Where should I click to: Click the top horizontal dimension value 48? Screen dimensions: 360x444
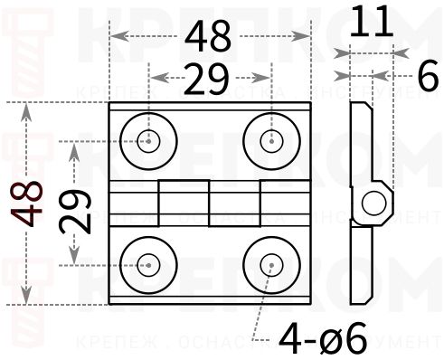[x=209, y=37]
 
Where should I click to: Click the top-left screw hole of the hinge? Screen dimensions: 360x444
[x=148, y=141]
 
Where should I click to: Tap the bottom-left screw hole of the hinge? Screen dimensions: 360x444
[x=148, y=265]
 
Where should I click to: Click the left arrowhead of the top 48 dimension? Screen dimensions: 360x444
[x=115, y=37]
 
